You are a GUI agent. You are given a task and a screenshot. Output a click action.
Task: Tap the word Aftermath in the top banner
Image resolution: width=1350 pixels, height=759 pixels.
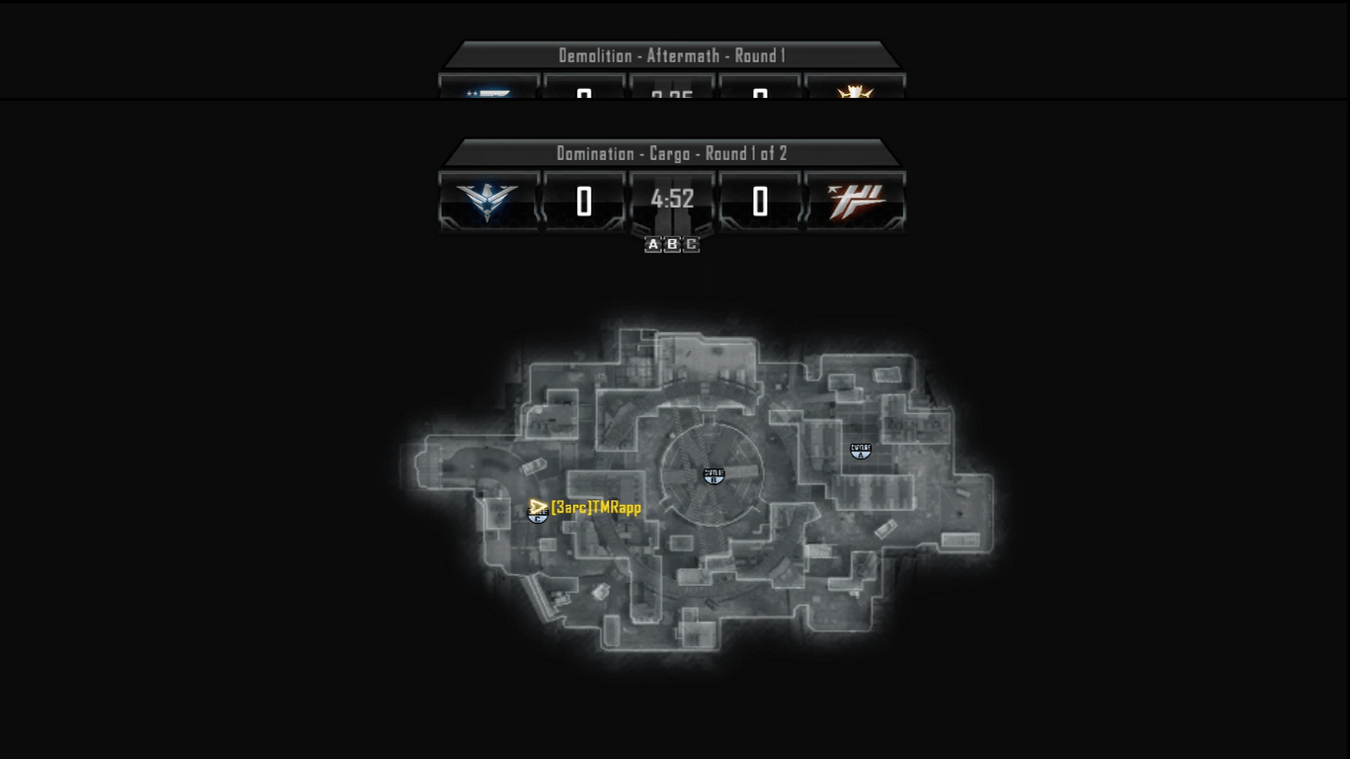[x=684, y=55]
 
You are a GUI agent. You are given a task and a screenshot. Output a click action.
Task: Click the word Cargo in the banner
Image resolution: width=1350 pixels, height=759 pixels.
[x=669, y=153]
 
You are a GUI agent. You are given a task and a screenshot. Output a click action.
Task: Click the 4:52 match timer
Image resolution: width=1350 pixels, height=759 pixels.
[x=672, y=200]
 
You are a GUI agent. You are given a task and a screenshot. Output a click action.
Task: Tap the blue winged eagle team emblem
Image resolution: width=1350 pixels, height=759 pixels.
[x=487, y=201]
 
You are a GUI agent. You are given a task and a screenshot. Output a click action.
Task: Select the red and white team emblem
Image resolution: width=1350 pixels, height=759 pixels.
[x=856, y=201]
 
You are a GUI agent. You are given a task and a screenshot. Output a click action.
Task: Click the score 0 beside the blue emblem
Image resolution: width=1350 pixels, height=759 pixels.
[x=584, y=202]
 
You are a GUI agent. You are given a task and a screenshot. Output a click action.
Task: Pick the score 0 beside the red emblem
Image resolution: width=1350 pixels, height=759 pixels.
[x=760, y=202]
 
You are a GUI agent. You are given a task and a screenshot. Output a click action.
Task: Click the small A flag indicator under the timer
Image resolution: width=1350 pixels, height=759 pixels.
[x=653, y=244]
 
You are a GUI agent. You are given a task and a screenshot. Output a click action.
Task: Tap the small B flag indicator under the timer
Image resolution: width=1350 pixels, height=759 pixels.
[x=672, y=244]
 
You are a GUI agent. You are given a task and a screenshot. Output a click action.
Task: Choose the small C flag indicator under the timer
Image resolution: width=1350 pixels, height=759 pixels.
[x=691, y=244]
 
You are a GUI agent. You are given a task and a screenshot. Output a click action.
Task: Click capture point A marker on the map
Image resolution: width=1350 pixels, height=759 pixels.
[x=861, y=451]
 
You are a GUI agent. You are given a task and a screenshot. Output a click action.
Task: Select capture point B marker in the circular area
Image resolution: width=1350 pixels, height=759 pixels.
[x=714, y=475]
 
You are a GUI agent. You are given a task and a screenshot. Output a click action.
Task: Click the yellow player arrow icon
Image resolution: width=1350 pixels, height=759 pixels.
[x=538, y=507]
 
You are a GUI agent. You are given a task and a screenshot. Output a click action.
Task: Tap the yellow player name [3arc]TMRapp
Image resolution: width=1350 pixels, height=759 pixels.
[x=596, y=507]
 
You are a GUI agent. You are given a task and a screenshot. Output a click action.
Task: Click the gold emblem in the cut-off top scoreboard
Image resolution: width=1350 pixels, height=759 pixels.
[x=854, y=92]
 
